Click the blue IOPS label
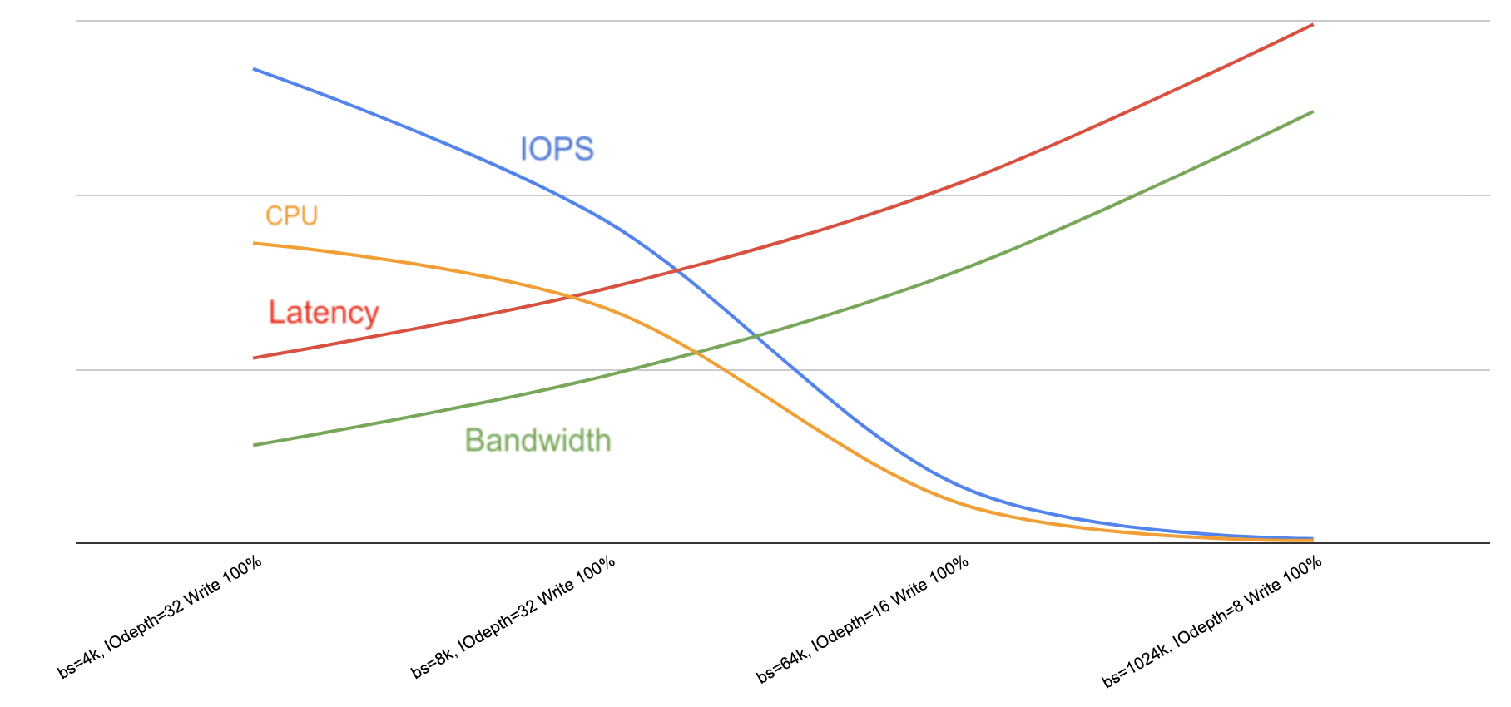point(557,149)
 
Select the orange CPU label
point(291,215)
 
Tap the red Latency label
point(324,313)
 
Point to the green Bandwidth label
point(538,440)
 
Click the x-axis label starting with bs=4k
point(160,617)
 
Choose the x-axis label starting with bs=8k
point(513,617)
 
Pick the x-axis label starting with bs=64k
point(863,620)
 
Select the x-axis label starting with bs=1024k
point(1212,622)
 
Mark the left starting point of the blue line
point(254,69)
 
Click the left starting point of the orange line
point(254,243)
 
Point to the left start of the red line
point(254,358)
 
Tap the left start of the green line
point(254,445)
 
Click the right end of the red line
point(1312,25)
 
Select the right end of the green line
point(1312,111)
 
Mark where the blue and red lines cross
point(679,270)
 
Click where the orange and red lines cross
point(571,296)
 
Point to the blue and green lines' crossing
point(755,336)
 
